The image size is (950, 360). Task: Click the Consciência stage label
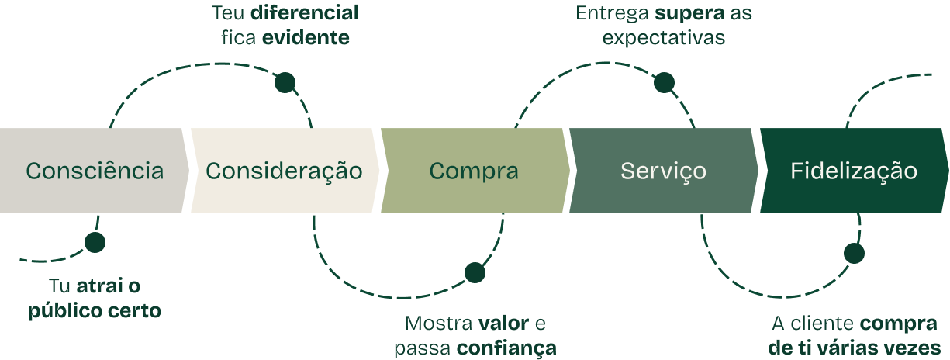[95, 171]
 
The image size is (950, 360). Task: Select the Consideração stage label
[284, 171]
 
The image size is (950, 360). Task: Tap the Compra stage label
[474, 171]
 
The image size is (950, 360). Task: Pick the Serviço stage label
[663, 171]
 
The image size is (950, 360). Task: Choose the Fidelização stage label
[854, 171]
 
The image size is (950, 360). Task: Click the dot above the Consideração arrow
[285, 82]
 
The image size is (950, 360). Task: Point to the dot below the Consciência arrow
[95, 243]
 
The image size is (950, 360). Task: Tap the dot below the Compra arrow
[475, 273]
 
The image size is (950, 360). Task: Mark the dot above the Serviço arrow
[664, 83]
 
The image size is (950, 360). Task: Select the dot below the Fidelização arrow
[854, 254]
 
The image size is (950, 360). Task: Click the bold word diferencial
[305, 13]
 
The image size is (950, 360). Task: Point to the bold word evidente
[305, 37]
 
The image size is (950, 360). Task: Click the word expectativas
[664, 37]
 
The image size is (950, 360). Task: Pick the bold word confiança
[506, 348]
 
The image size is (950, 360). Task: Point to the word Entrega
[613, 13]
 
